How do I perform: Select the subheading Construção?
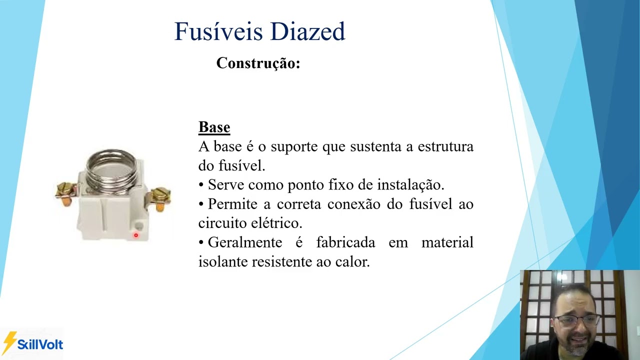tap(258, 63)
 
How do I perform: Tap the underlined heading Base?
tap(214, 127)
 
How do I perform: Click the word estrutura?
tap(445, 147)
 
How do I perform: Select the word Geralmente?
tap(244, 242)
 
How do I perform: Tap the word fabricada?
tap(345, 242)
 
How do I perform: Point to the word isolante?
tap(223, 261)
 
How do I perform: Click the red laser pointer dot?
tap(135, 235)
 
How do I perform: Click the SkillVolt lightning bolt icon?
tap(9, 342)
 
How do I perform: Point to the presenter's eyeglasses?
tap(576, 320)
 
